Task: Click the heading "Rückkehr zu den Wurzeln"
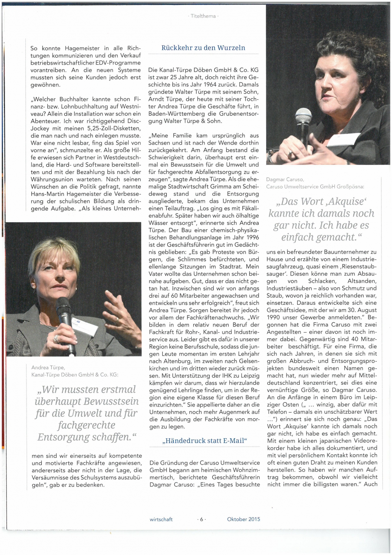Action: tap(203, 48)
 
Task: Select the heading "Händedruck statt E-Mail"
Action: tap(204, 440)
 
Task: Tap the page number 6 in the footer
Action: tap(201, 519)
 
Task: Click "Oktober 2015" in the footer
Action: tap(243, 519)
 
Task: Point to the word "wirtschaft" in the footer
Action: tap(161, 519)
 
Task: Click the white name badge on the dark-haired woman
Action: tap(344, 140)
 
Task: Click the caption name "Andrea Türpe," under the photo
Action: tap(48, 367)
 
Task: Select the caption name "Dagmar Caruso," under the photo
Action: tap(285, 180)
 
